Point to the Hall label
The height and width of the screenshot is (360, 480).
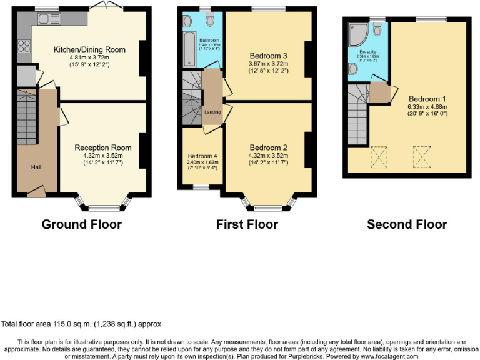click(x=36, y=167)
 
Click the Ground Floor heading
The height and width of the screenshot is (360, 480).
click(x=81, y=224)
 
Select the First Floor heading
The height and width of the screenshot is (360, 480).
click(x=247, y=224)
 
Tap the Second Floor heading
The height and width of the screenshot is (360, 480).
click(x=407, y=224)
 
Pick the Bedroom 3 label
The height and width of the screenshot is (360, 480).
click(x=267, y=56)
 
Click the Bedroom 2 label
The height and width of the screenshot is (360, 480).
click(x=267, y=147)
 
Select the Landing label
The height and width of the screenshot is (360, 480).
click(x=212, y=112)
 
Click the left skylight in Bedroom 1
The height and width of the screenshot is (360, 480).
click(x=379, y=157)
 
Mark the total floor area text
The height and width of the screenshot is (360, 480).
click(x=81, y=324)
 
